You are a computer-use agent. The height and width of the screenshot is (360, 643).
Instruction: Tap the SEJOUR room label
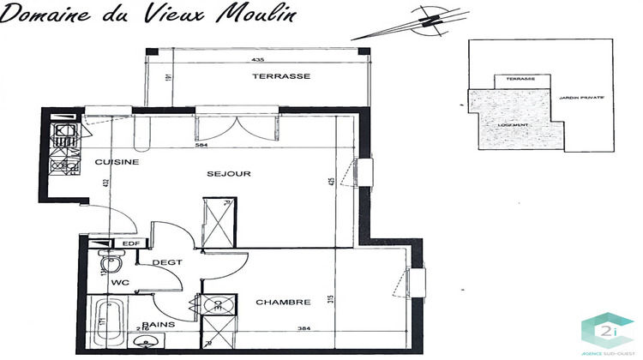pyautogui.click(x=229, y=174)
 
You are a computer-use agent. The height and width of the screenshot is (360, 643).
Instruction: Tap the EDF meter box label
pyautogui.click(x=131, y=244)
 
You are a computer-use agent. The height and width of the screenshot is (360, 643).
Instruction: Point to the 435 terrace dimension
pyautogui.click(x=257, y=60)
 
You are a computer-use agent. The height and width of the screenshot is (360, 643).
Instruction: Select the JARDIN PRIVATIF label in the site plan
pyautogui.click(x=581, y=98)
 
